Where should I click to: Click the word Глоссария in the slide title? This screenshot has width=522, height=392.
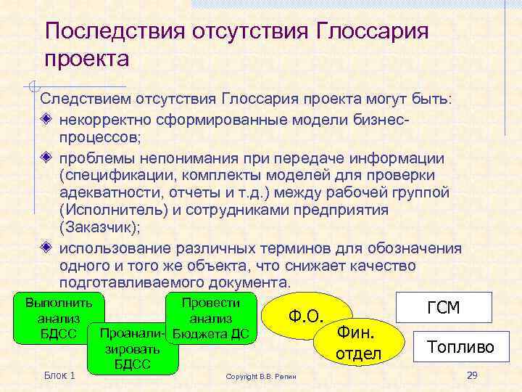tap(373, 31)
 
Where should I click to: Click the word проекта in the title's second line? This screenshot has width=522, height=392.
tap(86, 58)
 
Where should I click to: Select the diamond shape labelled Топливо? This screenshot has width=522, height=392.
tap(460, 347)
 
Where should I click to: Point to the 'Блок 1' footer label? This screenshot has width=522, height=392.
tap(59, 375)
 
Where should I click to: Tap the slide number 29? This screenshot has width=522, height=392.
tap(473, 375)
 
